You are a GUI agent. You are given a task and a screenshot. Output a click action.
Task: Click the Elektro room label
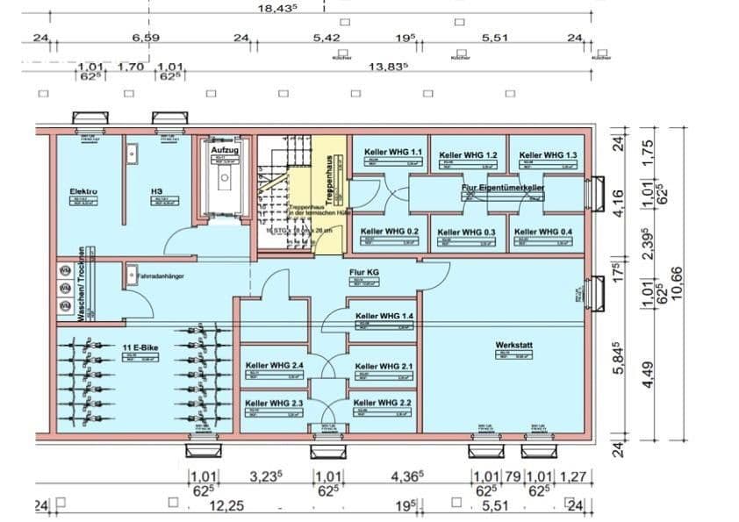83,190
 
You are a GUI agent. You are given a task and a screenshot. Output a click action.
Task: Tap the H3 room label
156,190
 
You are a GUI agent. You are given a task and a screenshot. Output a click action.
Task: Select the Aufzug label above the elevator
225,150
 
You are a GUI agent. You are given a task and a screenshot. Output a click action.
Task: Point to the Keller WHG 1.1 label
392,153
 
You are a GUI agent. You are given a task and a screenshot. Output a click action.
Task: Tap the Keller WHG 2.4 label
275,366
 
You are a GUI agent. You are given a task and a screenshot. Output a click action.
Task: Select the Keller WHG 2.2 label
383,403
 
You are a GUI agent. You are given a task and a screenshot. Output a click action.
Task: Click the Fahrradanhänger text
161,275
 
